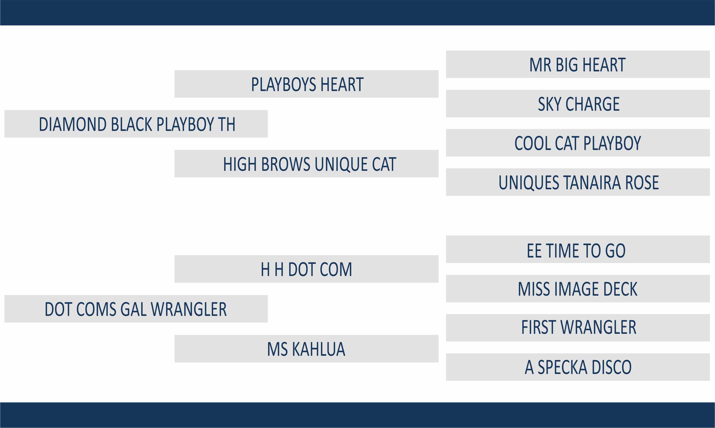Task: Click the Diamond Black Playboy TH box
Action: point(136,124)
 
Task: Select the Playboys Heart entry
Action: point(307,84)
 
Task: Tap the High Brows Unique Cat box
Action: point(307,164)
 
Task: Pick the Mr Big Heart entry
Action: point(578,64)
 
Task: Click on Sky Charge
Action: point(578,103)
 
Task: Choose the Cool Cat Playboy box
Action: point(578,143)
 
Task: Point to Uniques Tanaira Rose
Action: point(578,182)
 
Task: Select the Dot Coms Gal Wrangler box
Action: point(136,309)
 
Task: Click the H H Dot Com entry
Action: point(307,269)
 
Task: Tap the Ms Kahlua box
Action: point(307,349)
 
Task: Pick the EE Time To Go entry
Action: point(578,249)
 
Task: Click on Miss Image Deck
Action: point(578,288)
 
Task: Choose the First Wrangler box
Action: point(578,328)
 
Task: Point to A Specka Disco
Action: point(578,367)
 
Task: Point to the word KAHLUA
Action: point(319,349)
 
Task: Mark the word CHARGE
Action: point(593,104)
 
